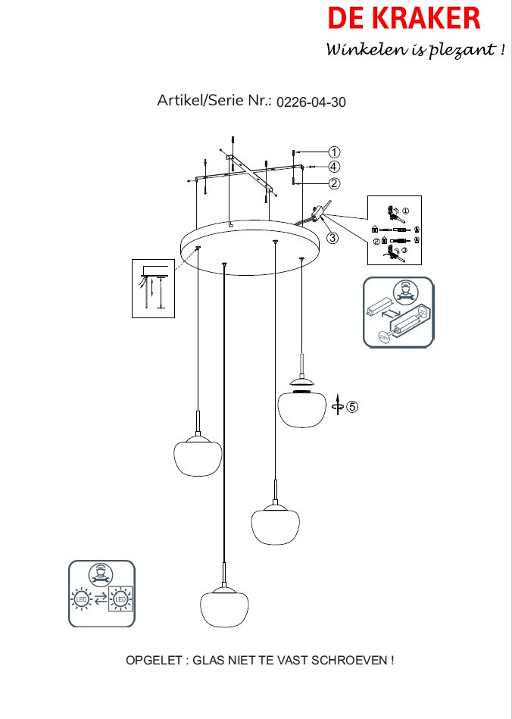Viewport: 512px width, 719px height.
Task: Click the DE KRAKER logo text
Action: [x=403, y=18]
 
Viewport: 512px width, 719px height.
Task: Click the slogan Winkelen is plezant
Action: [x=415, y=50]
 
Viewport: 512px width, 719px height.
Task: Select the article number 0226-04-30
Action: [x=311, y=102]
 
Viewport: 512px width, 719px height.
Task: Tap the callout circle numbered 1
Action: [x=334, y=152]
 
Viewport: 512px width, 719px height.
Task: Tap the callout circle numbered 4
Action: [x=334, y=167]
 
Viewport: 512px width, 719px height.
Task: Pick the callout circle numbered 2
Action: [x=334, y=183]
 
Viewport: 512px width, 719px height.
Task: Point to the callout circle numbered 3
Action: [x=332, y=237]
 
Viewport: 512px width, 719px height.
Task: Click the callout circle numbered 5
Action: [x=352, y=406]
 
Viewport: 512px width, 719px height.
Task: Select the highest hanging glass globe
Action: [x=301, y=407]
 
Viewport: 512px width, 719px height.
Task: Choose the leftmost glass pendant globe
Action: [x=197, y=456]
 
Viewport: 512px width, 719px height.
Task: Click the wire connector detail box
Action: [x=395, y=230]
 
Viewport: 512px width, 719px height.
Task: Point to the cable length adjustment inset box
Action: [x=154, y=289]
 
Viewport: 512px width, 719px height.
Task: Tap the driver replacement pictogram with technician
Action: [x=398, y=312]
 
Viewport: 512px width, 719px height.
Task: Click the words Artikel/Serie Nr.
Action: [x=214, y=101]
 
